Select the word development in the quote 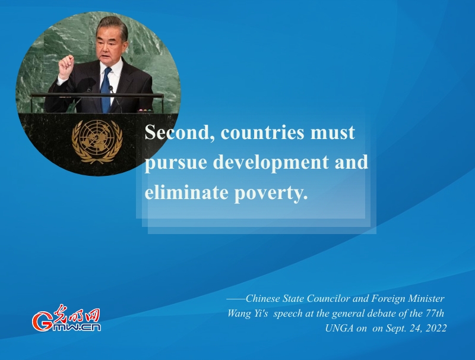[271, 163]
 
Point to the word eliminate [186, 192]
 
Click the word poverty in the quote [271, 193]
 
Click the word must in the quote [332, 133]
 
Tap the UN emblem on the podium [97, 141]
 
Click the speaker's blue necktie [106, 90]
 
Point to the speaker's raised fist [66, 67]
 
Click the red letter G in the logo [42, 321]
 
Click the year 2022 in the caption [436, 328]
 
